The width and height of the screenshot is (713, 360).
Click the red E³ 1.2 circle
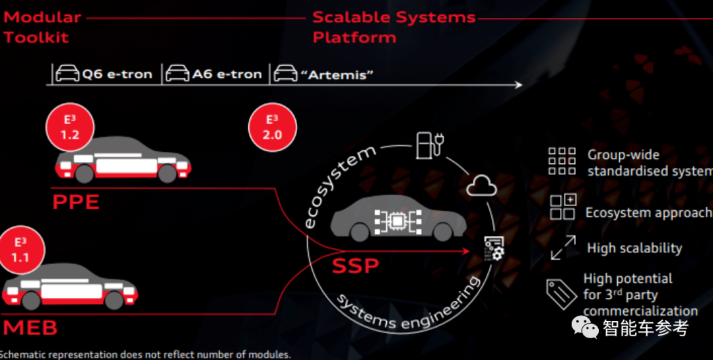coord(71,127)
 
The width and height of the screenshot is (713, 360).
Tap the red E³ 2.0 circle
coord(272,127)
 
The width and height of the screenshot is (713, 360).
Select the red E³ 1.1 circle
coord(21,250)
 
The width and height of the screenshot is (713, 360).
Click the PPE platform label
coord(76,201)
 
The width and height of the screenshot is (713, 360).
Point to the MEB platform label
coord(30,328)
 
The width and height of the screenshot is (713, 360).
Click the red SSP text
coord(355,266)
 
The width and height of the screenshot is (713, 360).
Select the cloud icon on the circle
coord(481,187)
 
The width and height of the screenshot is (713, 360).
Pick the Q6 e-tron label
coord(117,74)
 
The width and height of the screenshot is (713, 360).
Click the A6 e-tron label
coord(227,74)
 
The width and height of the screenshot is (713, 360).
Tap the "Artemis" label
coord(337,74)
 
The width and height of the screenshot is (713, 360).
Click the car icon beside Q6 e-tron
coord(67,73)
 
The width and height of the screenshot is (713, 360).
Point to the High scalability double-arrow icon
coord(562,248)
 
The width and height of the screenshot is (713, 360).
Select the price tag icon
coord(560,294)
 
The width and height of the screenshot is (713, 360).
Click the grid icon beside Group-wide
coord(562,161)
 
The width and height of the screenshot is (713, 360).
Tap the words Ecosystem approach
coord(648,213)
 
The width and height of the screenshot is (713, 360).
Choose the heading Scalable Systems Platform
coord(393,26)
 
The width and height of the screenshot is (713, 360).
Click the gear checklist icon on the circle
coord(493,248)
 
